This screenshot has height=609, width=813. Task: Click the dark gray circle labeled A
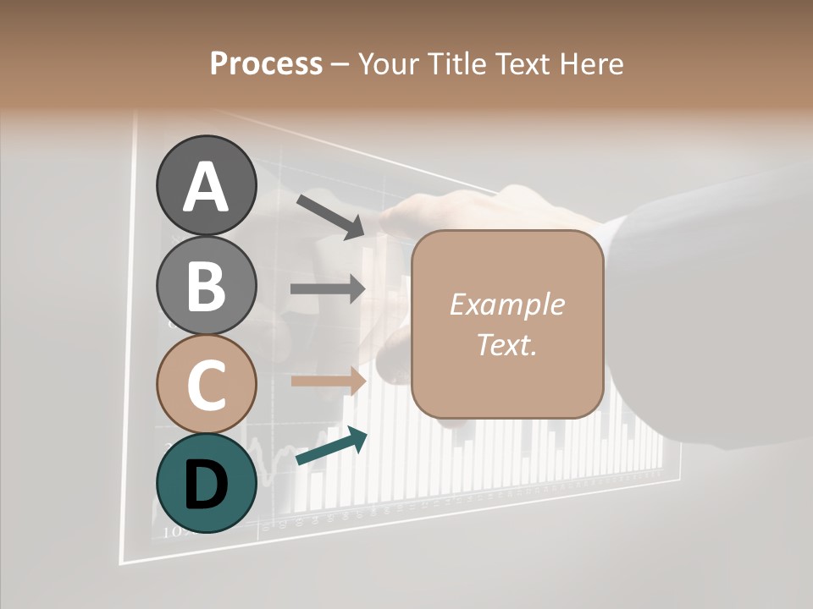206,185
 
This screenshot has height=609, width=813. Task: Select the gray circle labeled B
206,285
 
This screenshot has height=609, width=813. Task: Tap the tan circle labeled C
206,384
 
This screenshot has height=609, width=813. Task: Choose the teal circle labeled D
206,483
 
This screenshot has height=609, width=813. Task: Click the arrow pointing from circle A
329,216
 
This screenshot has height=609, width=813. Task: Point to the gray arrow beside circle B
327,288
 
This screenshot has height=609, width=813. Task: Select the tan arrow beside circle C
328,381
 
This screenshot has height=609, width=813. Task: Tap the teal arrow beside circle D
331,447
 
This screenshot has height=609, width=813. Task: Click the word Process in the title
266,63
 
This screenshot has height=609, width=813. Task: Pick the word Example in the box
506,304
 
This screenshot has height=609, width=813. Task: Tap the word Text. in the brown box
506,344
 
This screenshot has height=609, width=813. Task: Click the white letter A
206,187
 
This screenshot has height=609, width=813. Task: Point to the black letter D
206,485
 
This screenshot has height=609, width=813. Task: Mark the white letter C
206,386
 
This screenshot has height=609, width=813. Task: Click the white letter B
206,286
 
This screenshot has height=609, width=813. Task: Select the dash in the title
340,65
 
